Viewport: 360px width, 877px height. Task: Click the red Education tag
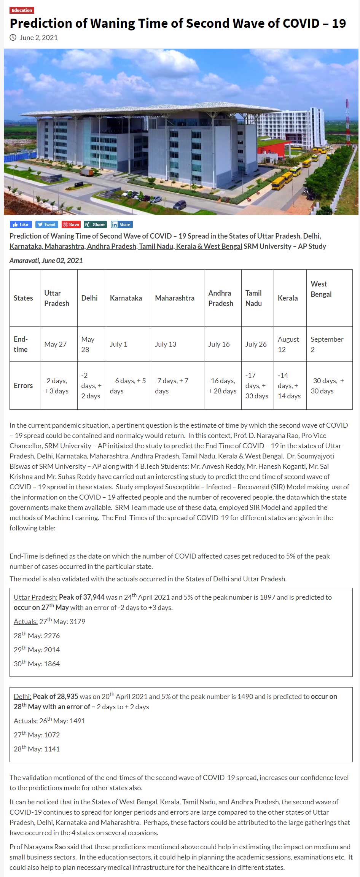[x=22, y=10]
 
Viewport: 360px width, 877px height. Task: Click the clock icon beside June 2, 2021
[x=13, y=37]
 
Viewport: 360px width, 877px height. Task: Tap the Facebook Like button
[x=21, y=224]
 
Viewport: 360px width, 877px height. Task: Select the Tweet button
[x=46, y=224]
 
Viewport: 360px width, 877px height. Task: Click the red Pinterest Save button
[x=71, y=224]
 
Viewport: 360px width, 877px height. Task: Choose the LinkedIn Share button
[x=121, y=224]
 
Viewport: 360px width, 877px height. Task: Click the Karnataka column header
[x=126, y=298]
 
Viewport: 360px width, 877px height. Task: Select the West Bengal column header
[x=321, y=289]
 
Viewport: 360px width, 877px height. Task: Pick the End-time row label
[x=21, y=344]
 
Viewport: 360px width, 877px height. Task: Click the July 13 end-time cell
[x=166, y=344]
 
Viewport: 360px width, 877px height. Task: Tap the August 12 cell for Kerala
[x=288, y=344]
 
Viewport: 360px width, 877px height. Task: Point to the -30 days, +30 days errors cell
[x=327, y=385]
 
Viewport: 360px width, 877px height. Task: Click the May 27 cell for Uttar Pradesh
[x=55, y=344]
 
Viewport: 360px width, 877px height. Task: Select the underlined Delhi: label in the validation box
[x=22, y=696]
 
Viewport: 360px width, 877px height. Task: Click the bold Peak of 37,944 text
[x=81, y=597]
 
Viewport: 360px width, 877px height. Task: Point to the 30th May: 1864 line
[x=37, y=664]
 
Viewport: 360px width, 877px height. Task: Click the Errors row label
[x=23, y=385]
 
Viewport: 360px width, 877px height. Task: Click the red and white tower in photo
[x=347, y=122]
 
